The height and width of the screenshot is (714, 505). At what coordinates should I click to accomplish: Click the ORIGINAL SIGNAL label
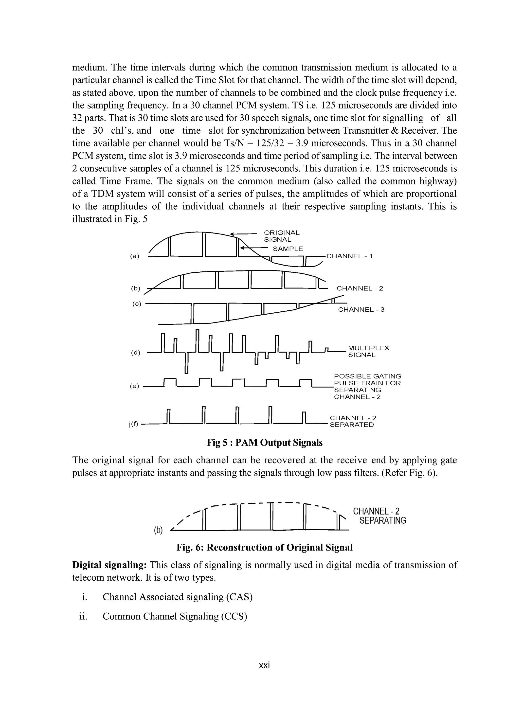(281, 236)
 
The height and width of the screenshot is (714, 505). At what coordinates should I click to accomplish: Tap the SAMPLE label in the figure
(288, 249)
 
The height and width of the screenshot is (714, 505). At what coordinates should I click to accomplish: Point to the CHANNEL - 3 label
(361, 310)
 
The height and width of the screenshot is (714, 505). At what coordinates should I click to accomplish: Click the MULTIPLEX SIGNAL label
(368, 351)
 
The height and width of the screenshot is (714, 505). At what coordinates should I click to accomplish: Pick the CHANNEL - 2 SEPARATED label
(353, 421)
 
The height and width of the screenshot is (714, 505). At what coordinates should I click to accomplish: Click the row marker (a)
(134, 256)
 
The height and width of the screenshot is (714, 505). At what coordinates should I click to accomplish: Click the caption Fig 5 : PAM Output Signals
(265, 443)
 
